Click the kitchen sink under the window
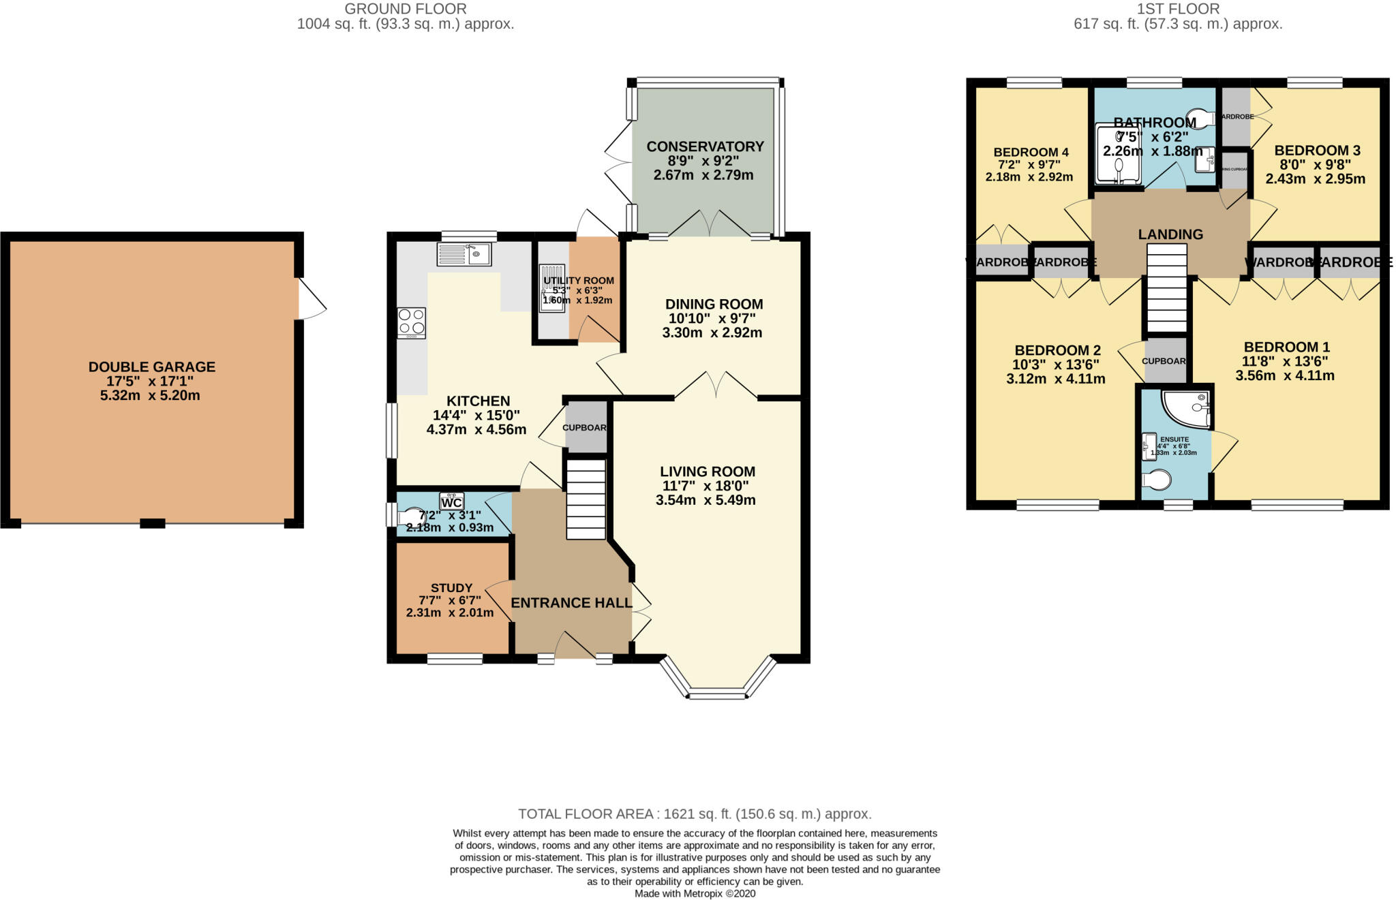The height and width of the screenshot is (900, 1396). [464, 254]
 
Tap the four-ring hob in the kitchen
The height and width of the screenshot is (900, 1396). [412, 323]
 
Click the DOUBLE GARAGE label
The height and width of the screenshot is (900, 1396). [151, 367]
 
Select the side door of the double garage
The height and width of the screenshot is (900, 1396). [311, 298]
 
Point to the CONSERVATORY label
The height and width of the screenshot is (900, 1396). [705, 146]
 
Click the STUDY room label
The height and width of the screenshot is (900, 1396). [451, 588]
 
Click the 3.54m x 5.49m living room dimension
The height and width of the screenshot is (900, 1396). [705, 500]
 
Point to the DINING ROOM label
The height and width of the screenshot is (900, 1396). [714, 305]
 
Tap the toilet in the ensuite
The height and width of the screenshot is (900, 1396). [1157, 480]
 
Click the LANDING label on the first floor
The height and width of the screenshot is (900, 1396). [1170, 234]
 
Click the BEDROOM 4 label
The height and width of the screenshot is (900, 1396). [1031, 152]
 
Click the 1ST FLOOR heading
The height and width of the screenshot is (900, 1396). [1178, 9]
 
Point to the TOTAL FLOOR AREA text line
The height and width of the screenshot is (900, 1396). [695, 813]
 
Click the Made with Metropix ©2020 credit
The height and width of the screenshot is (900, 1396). [695, 893]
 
